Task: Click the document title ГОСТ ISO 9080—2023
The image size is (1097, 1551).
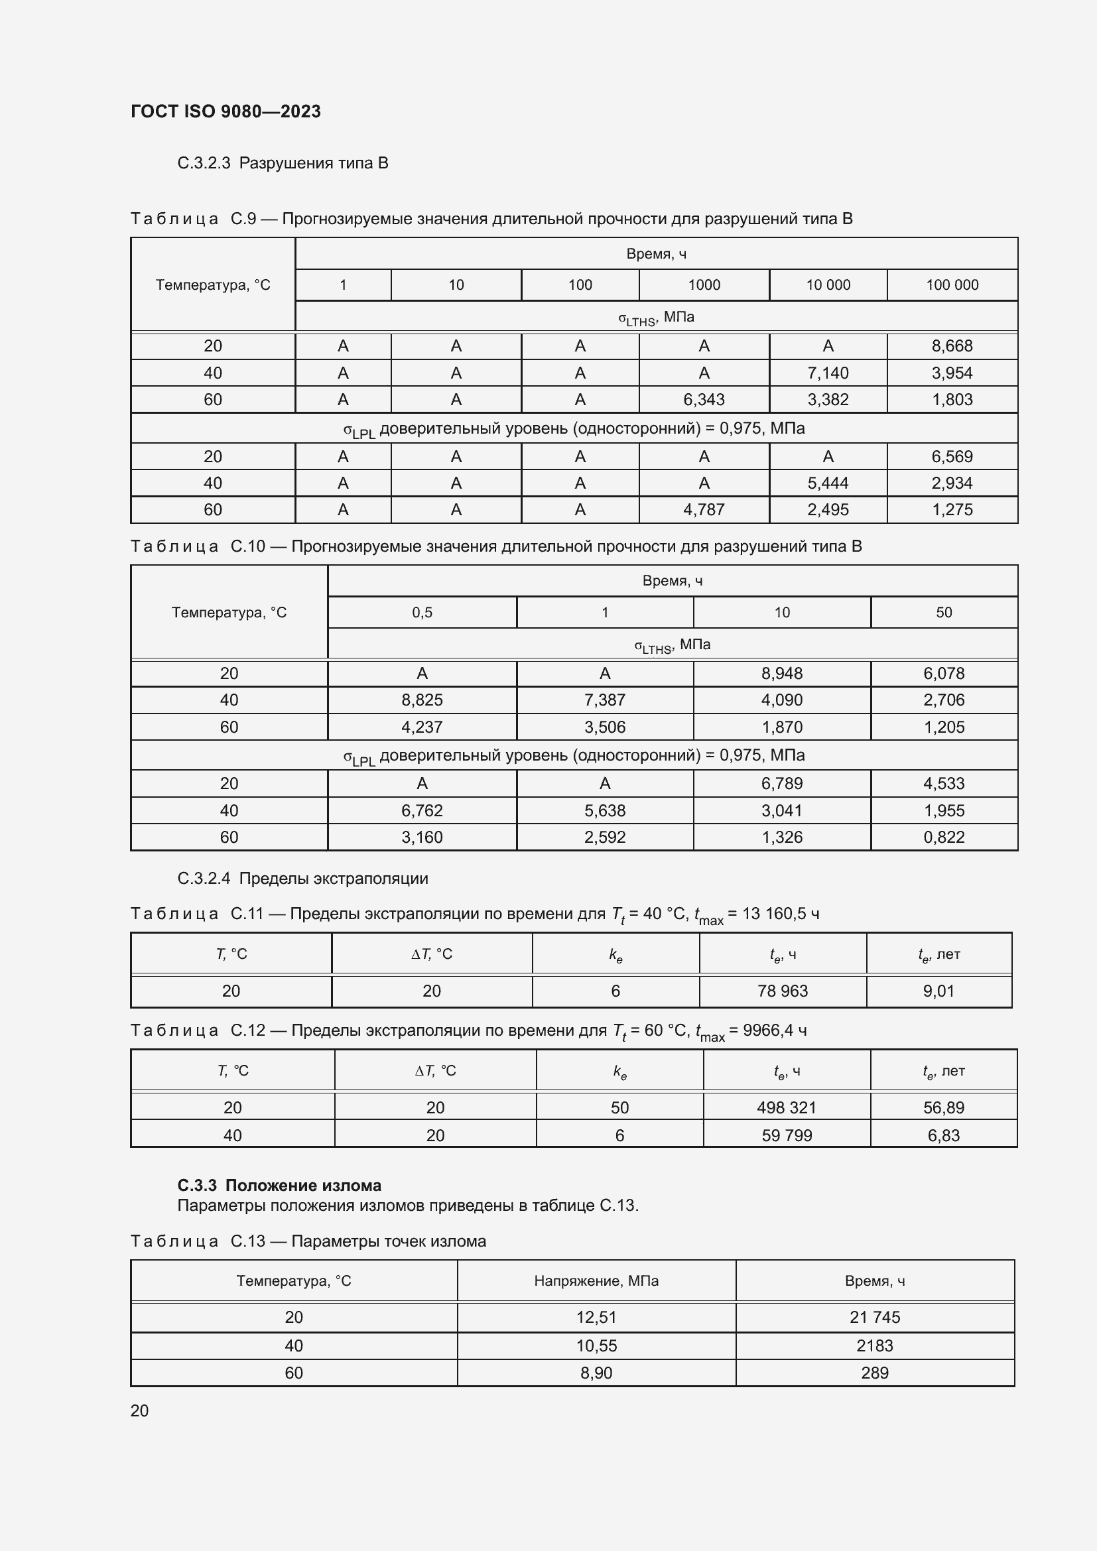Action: pos(226,111)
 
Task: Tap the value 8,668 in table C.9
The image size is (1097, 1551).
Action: pos(952,346)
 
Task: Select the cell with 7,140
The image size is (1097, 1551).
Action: pos(828,373)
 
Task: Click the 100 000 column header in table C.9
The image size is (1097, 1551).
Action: pos(952,285)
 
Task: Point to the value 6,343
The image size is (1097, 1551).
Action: pos(703,400)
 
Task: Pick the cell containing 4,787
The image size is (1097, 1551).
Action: pos(703,510)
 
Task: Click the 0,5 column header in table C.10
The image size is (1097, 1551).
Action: pos(422,613)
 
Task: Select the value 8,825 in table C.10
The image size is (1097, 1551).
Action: pos(422,700)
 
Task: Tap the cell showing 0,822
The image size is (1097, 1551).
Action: pos(944,838)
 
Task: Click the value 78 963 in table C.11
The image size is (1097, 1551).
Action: pos(782,991)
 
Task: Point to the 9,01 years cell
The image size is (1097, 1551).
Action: pos(938,991)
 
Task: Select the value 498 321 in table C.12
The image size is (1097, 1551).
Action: pos(787,1108)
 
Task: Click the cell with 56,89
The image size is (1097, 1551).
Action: pos(944,1108)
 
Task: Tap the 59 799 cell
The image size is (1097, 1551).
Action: pos(787,1135)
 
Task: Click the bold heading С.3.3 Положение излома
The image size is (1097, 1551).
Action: pos(279,1186)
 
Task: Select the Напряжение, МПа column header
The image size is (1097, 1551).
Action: pos(596,1282)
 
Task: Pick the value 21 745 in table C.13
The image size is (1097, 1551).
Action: pos(875,1318)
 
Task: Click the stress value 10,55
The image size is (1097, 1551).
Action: pos(596,1345)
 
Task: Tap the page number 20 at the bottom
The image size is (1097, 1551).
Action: pos(139,1410)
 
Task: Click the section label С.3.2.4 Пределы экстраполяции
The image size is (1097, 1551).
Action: pos(302,879)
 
